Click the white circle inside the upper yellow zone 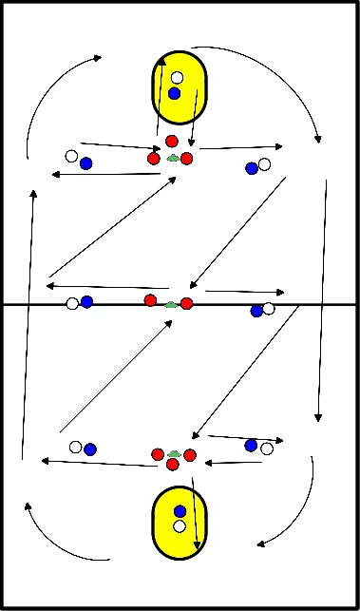click(x=177, y=78)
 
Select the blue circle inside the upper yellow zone click(x=174, y=93)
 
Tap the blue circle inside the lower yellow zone click(x=180, y=511)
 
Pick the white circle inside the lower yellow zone click(x=180, y=525)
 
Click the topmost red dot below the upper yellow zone click(x=172, y=142)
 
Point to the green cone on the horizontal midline click(x=170, y=305)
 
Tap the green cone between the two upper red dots click(x=172, y=159)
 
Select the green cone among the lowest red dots click(x=173, y=456)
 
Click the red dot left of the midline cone click(x=150, y=300)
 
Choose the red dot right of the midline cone click(x=187, y=303)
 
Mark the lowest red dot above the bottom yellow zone click(x=173, y=466)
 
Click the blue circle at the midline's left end click(x=86, y=302)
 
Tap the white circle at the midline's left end click(x=72, y=304)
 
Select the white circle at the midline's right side click(x=269, y=308)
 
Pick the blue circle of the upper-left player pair click(x=86, y=163)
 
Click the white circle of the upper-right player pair click(x=264, y=164)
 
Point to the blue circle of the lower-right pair click(x=251, y=445)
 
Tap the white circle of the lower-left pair click(x=76, y=446)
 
